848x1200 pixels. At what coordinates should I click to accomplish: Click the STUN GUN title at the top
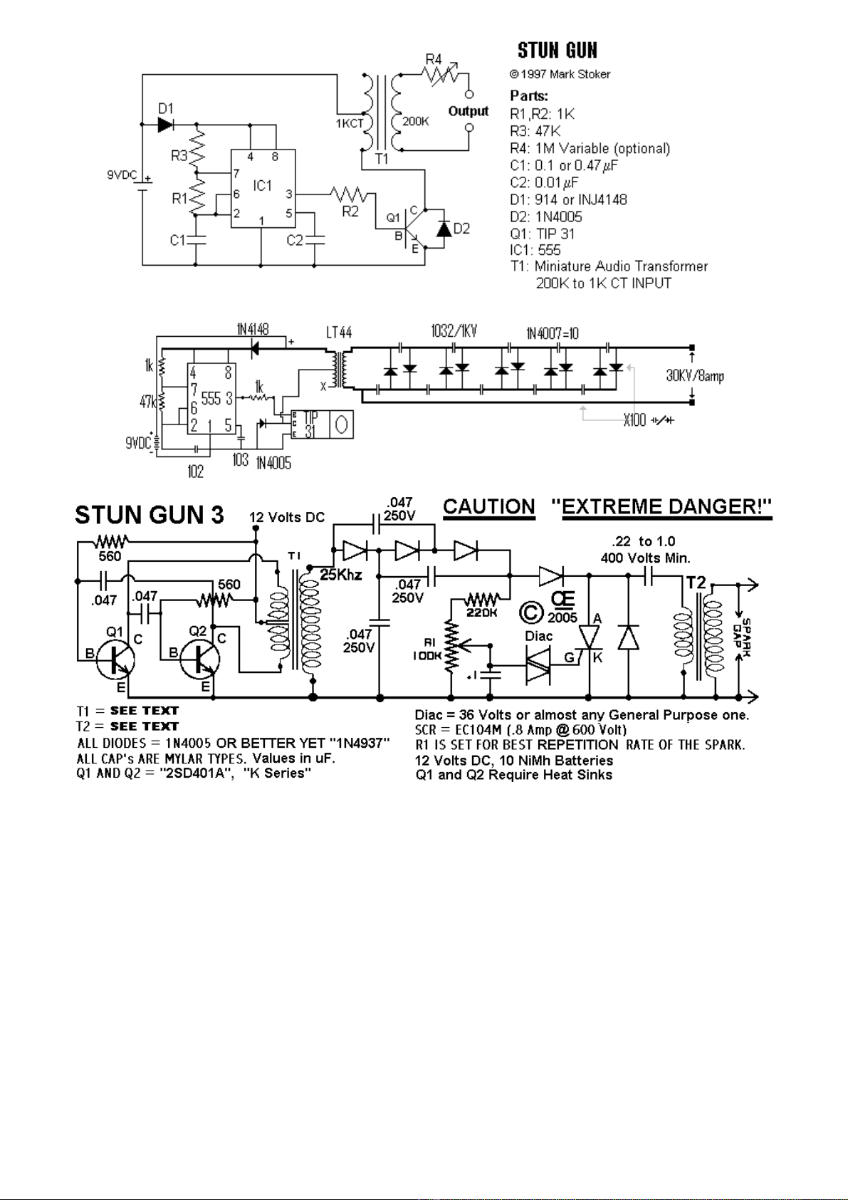click(557, 51)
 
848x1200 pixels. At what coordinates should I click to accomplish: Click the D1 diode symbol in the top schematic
click(165, 125)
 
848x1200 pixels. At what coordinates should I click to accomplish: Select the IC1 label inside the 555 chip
click(262, 186)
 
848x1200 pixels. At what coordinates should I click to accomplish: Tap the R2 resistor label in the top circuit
click(350, 212)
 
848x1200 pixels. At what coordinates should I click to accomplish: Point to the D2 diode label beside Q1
click(462, 229)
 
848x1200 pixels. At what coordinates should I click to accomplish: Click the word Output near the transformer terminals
click(468, 111)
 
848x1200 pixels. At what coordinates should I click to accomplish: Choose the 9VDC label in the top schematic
click(122, 174)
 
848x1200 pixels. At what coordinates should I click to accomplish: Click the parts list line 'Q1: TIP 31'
click(542, 234)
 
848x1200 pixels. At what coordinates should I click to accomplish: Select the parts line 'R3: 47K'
click(535, 131)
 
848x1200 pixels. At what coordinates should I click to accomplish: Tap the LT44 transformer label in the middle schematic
click(339, 333)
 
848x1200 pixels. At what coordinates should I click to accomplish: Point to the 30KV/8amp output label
click(695, 376)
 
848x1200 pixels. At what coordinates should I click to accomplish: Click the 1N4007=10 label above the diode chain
click(552, 333)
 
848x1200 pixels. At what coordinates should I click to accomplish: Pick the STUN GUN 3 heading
click(150, 515)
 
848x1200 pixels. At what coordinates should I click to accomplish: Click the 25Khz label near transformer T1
click(340, 575)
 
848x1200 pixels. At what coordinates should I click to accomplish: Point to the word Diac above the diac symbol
click(538, 636)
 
